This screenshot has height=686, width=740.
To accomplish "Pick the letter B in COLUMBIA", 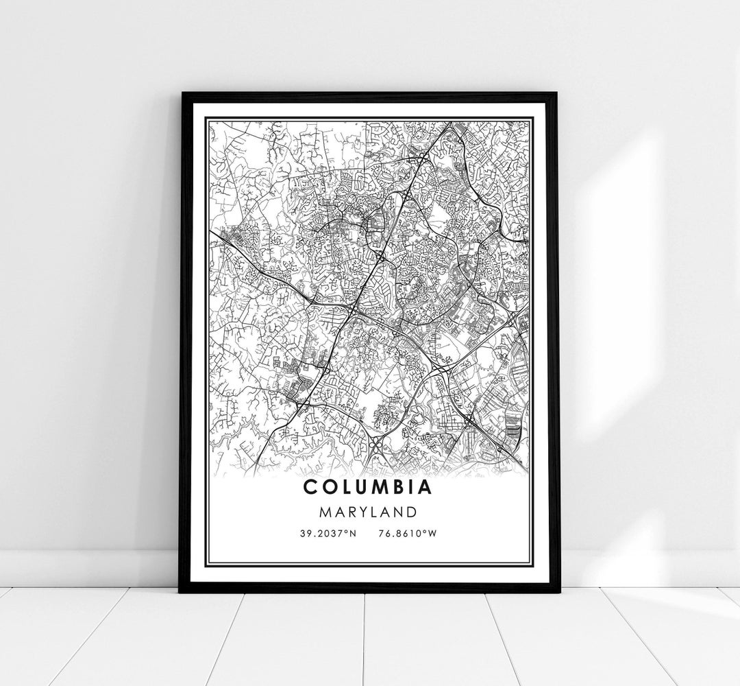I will [395, 488].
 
